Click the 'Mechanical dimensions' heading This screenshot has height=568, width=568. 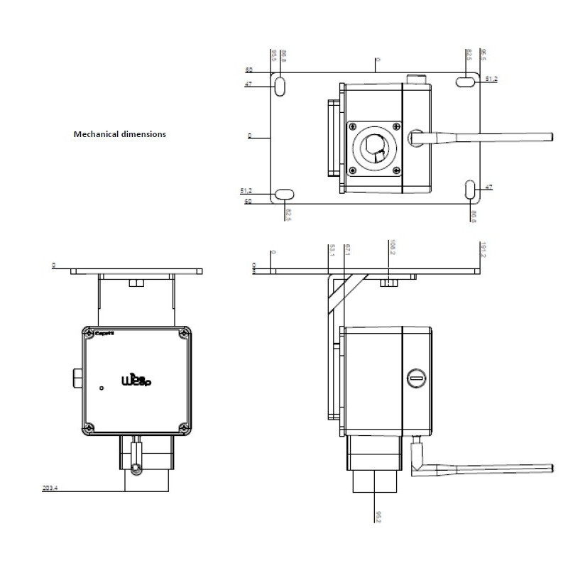(x=120, y=133)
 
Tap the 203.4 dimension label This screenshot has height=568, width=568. (x=50, y=488)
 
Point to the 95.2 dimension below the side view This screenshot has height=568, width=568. (x=378, y=516)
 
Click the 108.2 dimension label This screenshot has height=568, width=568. (x=391, y=248)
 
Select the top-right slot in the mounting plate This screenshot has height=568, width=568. (x=466, y=82)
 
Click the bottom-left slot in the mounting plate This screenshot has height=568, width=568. (x=285, y=194)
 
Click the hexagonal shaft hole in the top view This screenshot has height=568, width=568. (x=373, y=147)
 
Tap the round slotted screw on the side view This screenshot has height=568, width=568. (x=416, y=379)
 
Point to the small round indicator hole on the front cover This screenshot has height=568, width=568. (x=102, y=388)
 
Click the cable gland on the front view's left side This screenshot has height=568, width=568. (x=77, y=378)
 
